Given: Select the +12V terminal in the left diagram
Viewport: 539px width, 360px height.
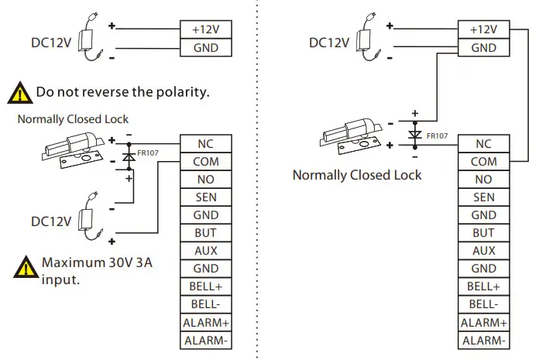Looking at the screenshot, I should click(x=205, y=29).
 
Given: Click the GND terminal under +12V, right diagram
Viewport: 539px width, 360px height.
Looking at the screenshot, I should click(x=483, y=48).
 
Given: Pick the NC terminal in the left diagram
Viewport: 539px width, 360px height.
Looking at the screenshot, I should click(x=205, y=144).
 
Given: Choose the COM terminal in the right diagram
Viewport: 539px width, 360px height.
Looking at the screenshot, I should click(x=483, y=162).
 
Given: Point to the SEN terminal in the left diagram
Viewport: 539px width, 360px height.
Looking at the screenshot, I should click(x=205, y=197).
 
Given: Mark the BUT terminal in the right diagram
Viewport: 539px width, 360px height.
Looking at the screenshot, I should click(x=483, y=233).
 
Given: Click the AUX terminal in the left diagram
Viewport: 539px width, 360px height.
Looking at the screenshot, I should click(x=205, y=251).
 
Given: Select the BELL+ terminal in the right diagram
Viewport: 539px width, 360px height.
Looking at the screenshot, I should click(x=483, y=286).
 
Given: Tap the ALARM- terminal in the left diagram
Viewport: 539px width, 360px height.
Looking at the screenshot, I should click(x=205, y=340).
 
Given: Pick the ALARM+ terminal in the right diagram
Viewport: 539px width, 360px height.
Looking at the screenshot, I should click(x=483, y=322).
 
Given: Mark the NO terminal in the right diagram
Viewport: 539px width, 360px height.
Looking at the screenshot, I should click(x=483, y=180).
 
